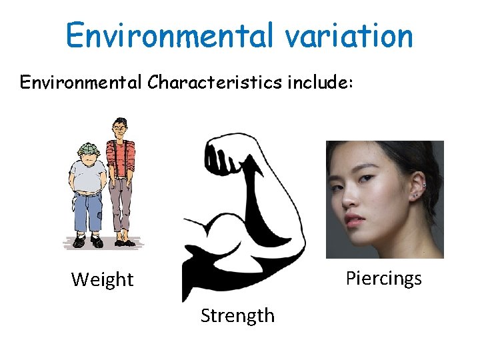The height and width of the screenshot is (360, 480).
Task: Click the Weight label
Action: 102,279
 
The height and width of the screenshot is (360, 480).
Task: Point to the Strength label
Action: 237,315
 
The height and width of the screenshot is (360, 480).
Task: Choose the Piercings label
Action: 383,278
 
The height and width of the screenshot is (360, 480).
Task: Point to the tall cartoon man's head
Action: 120,128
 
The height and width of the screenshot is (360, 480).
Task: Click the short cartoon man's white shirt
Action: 87,177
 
